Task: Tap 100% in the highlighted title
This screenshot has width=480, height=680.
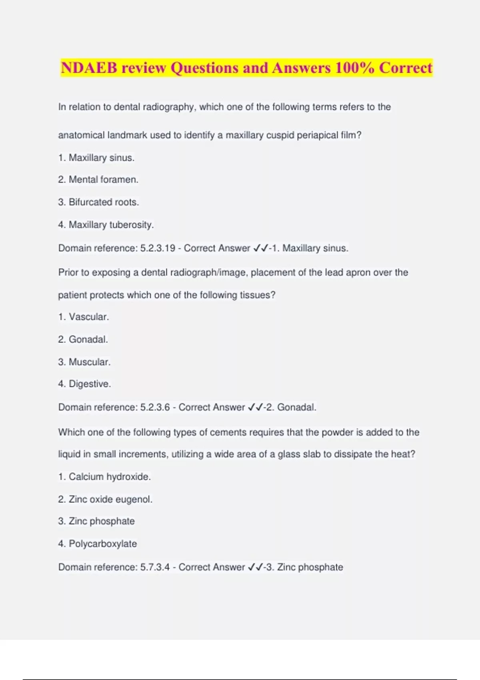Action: click(354, 68)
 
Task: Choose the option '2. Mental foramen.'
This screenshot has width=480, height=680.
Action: click(98, 180)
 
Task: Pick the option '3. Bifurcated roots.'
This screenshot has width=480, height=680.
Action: click(98, 202)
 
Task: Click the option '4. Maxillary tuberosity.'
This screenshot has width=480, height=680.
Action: click(106, 225)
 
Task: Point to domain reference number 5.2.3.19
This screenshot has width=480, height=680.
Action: click(158, 248)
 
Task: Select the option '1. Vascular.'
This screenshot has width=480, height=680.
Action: click(84, 317)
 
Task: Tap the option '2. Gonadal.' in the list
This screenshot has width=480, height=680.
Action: click(83, 339)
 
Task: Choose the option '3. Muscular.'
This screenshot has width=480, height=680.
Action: click(84, 362)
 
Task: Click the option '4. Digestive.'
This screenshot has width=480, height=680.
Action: click(84, 384)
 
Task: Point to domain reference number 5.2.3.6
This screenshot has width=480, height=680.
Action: click(155, 407)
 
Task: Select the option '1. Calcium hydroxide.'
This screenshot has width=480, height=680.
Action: click(104, 477)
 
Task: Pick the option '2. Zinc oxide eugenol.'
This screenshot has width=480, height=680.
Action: click(105, 499)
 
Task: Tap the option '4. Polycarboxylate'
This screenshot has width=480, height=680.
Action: click(97, 544)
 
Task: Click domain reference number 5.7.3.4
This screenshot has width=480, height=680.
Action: click(155, 567)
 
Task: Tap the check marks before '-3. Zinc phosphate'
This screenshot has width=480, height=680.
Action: click(255, 567)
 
